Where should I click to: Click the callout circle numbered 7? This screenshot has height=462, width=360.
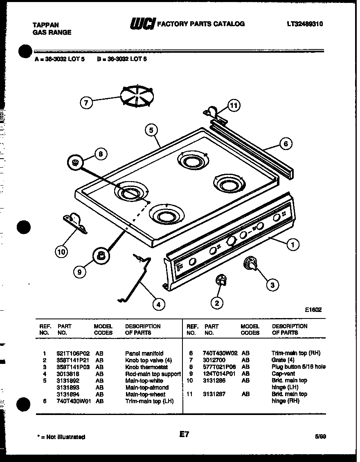86,103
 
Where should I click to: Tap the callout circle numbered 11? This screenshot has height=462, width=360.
233,106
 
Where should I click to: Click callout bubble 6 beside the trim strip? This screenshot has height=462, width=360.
286,144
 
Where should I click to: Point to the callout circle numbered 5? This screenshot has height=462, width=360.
151,130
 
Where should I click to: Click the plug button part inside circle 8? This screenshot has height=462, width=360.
75,162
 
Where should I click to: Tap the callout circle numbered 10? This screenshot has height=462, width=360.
61,252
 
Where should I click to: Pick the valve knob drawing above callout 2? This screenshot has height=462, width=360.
221,280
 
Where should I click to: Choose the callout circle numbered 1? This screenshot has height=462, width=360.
292,245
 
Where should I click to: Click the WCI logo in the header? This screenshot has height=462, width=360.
142,25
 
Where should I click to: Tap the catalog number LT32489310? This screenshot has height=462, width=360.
305,24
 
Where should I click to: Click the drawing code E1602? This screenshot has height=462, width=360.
313,309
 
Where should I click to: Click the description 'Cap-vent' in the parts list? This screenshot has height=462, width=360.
282,374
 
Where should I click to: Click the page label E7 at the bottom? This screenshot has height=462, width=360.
185,435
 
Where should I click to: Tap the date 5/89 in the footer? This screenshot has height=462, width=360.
320,436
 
